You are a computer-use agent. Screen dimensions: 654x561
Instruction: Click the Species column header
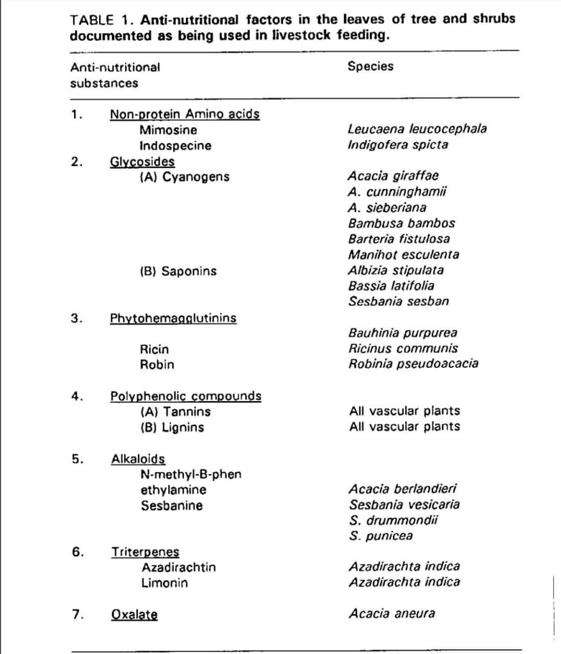point(370,66)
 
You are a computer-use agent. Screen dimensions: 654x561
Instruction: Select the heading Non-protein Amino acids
point(185,114)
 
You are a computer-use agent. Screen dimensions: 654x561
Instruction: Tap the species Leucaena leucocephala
point(417,129)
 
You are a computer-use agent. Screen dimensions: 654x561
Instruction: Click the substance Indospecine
point(176,145)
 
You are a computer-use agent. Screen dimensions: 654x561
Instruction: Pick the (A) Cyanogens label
point(184,176)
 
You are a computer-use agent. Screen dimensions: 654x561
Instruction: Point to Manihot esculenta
point(403,254)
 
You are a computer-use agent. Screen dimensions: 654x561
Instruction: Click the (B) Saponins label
point(178,271)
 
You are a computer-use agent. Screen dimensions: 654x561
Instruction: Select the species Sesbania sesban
point(398,301)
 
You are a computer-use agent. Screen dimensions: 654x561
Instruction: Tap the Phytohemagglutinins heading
point(173,317)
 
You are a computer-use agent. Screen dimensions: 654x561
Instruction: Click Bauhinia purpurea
point(403,333)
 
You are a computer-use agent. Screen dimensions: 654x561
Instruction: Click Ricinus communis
point(403,349)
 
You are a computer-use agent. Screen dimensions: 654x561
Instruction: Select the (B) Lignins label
point(172,427)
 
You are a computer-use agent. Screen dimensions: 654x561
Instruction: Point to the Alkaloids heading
point(138,459)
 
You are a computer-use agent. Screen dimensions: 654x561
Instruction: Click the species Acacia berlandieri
point(403,490)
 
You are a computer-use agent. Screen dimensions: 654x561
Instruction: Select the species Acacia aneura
point(392,614)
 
